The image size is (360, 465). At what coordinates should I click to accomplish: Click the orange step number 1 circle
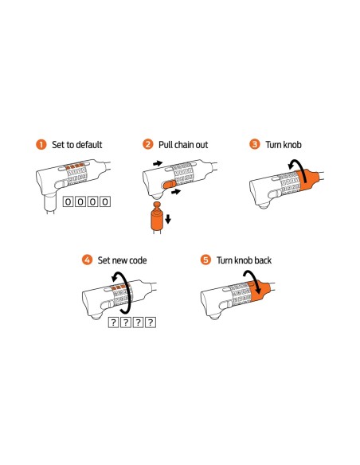[41, 144]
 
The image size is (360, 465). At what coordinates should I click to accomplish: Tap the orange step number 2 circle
[147, 144]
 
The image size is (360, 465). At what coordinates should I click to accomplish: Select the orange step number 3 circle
[254, 144]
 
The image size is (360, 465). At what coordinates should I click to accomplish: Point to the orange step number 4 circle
[87, 260]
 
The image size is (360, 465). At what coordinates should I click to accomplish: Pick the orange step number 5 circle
[205, 260]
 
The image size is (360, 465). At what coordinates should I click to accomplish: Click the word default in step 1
[88, 145]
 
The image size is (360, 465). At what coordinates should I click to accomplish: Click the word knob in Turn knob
[292, 145]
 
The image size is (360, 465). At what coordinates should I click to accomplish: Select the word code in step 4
[137, 260]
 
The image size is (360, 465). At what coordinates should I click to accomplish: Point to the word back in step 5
[263, 260]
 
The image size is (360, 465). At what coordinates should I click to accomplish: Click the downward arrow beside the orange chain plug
[168, 219]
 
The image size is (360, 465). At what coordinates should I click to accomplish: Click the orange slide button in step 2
[170, 185]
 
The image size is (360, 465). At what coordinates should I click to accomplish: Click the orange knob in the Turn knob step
[308, 180]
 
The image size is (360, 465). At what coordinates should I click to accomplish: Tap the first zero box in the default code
[68, 201]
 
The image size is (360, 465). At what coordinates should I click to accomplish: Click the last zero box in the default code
[105, 201]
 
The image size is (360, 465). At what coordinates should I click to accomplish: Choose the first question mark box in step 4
[113, 322]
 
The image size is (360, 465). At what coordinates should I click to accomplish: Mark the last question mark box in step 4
[151, 322]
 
